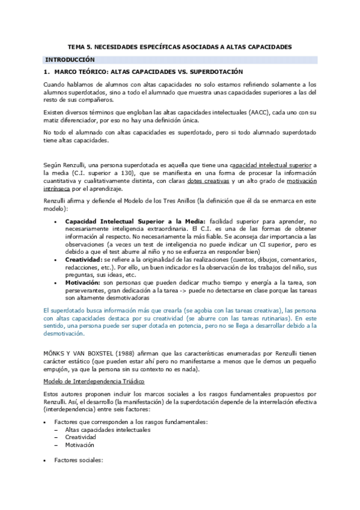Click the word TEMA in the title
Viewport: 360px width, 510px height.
coord(75,46)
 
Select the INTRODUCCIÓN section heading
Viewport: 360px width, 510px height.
coord(71,60)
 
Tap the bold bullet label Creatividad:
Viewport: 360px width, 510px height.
coord(83,242)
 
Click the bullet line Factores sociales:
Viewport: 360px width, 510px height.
coord(78,460)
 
